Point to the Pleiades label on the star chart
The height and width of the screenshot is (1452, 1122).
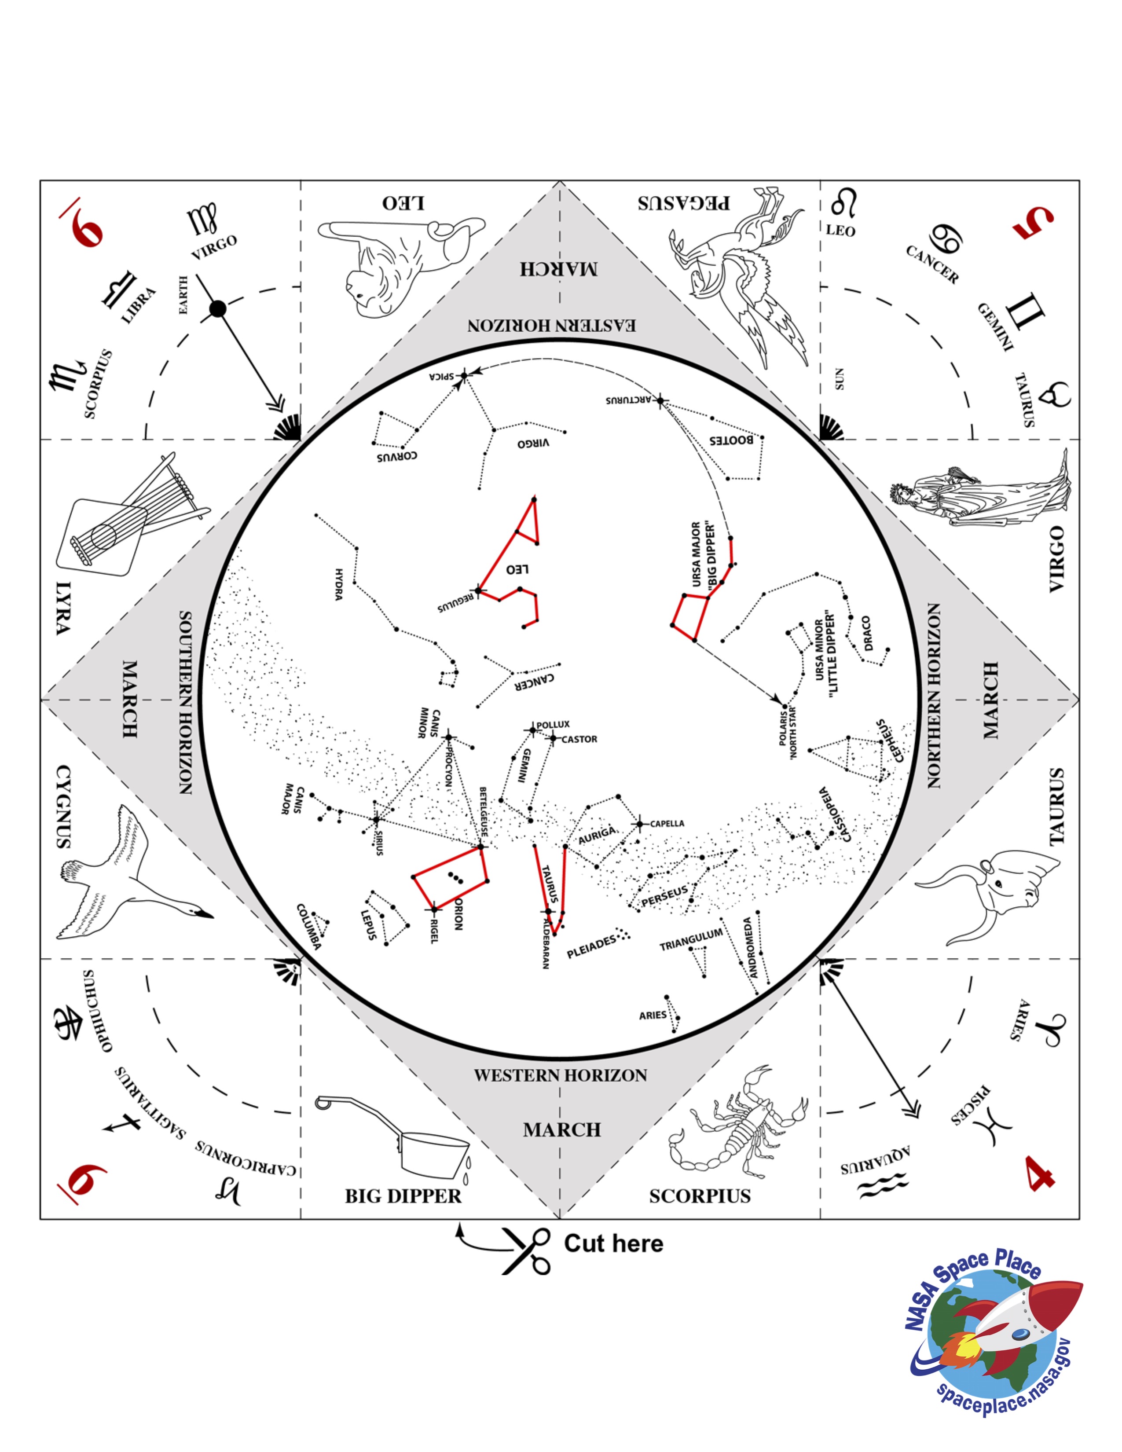(x=591, y=947)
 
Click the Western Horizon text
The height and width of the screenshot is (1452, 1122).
(x=560, y=1075)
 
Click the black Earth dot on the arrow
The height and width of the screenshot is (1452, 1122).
(x=217, y=308)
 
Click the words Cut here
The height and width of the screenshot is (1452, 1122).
(x=613, y=1243)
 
